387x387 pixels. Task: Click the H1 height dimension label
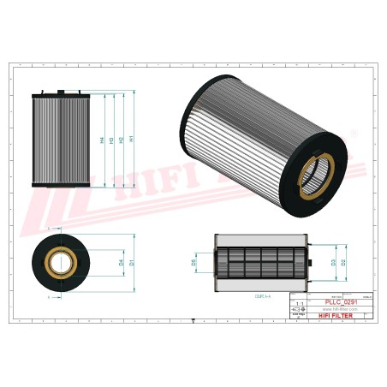133,140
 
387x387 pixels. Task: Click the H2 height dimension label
122,140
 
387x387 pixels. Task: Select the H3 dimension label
111,140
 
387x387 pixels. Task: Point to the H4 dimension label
101,140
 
